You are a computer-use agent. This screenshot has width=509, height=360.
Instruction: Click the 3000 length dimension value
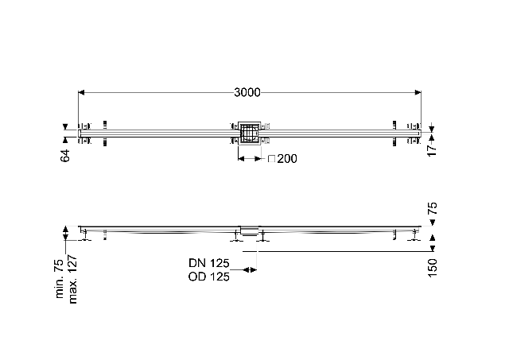coord(247,93)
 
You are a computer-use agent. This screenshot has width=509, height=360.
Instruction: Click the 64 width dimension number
coord(65,156)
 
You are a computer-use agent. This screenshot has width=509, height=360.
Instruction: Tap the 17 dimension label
coord(432,150)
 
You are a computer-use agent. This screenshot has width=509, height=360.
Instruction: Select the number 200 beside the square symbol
coord(287,159)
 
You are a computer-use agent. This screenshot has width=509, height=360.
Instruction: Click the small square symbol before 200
coord(272,159)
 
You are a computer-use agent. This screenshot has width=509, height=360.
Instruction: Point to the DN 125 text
coord(209,263)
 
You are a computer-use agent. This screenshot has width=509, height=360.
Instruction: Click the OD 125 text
coord(208,277)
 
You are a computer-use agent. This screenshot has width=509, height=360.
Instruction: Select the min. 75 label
coord(60,279)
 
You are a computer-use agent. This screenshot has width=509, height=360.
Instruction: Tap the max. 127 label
coord(73,279)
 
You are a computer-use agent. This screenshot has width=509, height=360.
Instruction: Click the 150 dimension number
coord(433,268)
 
